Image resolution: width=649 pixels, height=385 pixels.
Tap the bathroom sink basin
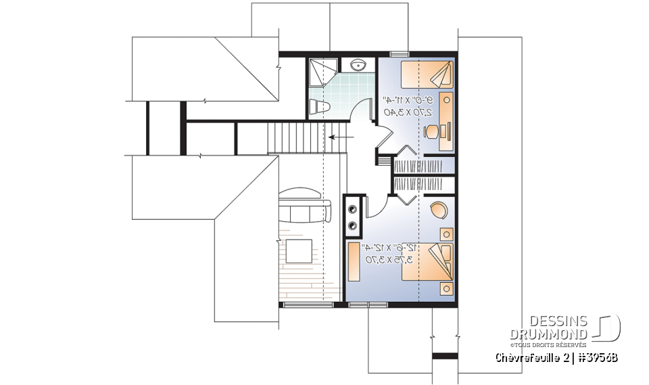click(358, 65)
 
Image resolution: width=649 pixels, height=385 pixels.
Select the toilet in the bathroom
click(318, 107)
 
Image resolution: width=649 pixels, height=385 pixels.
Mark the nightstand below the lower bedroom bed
click(446, 289)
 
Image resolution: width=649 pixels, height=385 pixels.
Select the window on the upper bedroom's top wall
click(399, 53)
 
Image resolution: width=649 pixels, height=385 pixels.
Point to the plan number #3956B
click(596, 357)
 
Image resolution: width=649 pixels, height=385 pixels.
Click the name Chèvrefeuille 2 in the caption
click(531, 357)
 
